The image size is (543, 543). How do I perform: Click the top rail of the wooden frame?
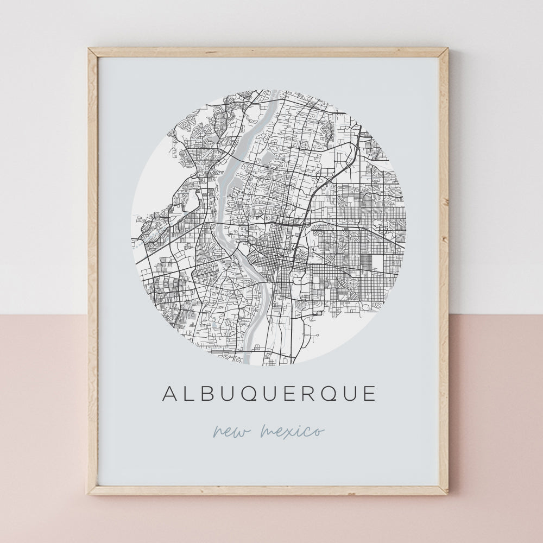(x=268, y=52)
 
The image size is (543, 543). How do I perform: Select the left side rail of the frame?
(x=93, y=271)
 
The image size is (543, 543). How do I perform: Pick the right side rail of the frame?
(x=444, y=271)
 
